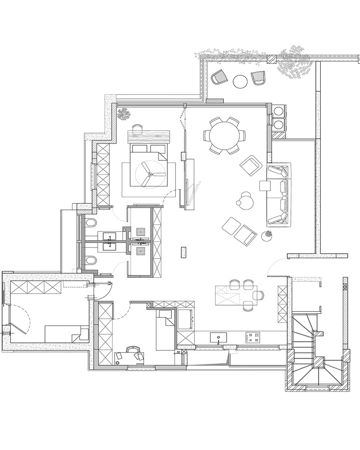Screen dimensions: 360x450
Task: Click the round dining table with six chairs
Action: (225, 135)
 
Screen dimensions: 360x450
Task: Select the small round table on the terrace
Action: (240, 81)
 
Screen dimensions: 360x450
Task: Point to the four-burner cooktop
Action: (253, 337)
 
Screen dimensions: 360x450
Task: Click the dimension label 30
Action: (178, 352)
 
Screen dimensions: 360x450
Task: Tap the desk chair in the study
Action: (133, 350)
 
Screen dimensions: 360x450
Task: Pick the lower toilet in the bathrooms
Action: (91, 261)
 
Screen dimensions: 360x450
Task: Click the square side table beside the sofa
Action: (265, 185)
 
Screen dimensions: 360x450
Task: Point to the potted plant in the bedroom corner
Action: (124, 114)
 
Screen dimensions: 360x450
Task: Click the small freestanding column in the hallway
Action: (183, 252)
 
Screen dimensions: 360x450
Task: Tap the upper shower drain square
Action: (141, 231)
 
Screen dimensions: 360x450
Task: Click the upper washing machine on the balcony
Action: (280, 110)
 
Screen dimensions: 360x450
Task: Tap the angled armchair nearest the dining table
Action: (251, 165)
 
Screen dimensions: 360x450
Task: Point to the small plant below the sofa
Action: (268, 236)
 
